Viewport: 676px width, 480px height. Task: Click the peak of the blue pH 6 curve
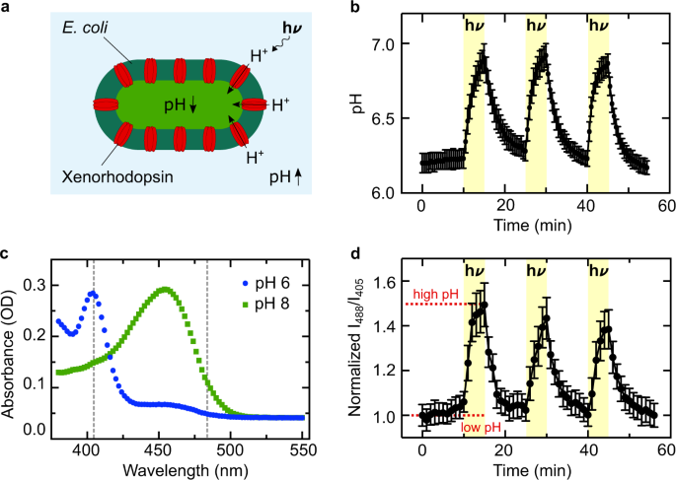pos(93,293)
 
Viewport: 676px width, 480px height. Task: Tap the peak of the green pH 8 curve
pos(165,289)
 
